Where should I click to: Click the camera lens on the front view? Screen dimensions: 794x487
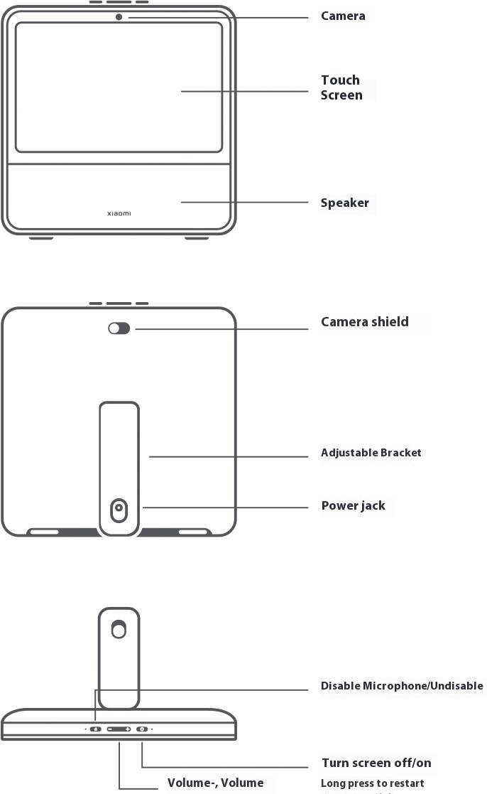point(119,16)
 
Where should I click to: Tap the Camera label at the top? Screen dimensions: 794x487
point(343,16)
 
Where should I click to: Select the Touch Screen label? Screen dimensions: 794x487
point(341,87)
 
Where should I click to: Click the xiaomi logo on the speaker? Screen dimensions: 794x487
point(119,213)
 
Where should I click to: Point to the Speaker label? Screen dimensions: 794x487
point(344,203)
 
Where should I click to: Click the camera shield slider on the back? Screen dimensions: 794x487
point(119,328)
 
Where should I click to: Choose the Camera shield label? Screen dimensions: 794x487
point(364,322)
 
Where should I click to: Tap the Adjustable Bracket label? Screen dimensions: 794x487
point(371,453)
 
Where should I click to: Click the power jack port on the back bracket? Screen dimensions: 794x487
point(119,508)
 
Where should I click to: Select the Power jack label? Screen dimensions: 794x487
point(353,506)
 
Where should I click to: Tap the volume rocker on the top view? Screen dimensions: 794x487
point(119,729)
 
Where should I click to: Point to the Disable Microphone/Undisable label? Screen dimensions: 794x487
point(402,686)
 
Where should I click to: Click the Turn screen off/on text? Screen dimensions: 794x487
point(376,763)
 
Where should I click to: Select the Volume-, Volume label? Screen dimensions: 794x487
point(215,783)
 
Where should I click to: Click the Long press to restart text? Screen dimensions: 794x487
point(372,783)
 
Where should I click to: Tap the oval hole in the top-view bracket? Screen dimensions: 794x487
point(119,630)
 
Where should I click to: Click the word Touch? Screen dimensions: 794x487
point(340,80)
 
